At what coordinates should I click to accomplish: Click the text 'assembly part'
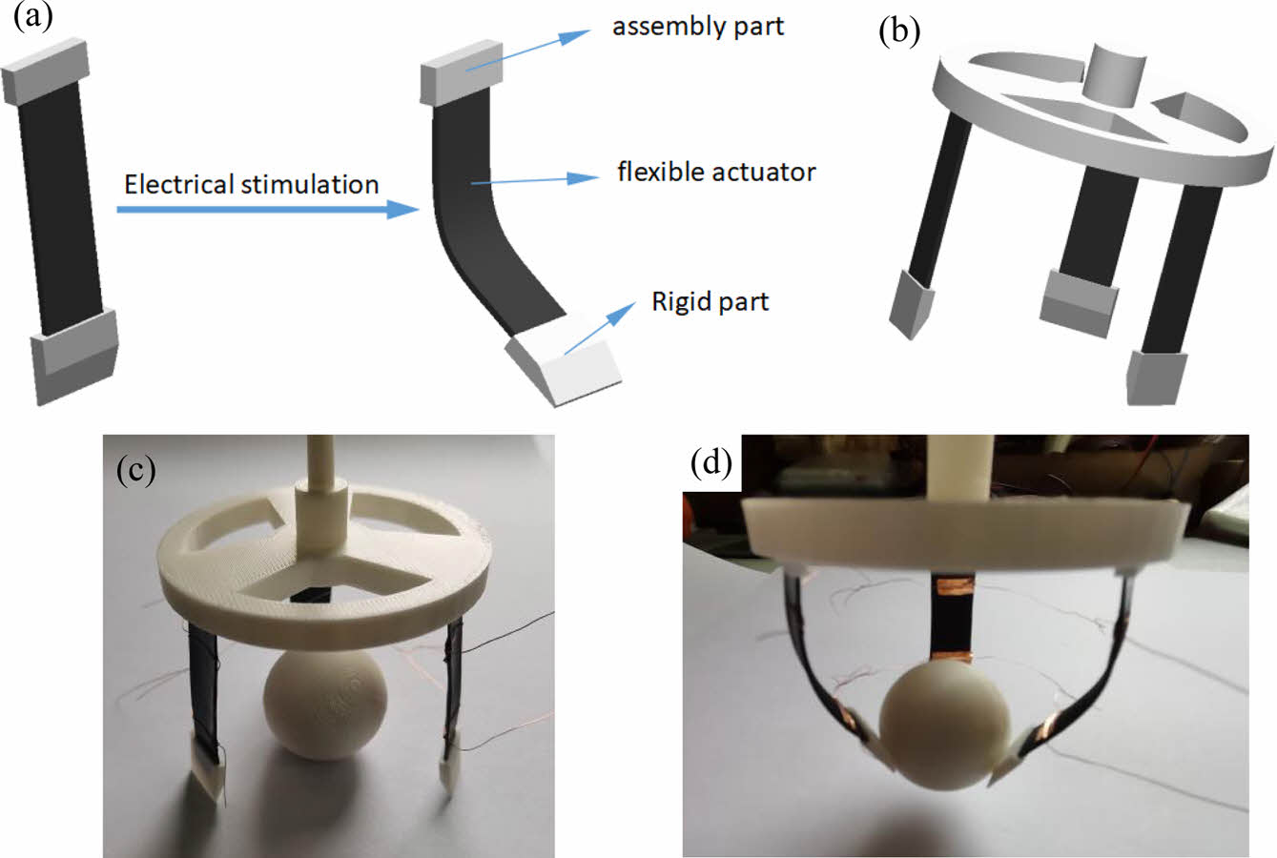698,26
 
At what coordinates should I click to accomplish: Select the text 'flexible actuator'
716,173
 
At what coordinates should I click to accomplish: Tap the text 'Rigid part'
710,302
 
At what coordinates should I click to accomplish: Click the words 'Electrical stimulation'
252,184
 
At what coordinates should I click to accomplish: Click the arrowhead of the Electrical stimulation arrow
405,210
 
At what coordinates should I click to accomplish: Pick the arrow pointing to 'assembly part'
525,51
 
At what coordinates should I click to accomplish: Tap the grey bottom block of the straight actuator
73,353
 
